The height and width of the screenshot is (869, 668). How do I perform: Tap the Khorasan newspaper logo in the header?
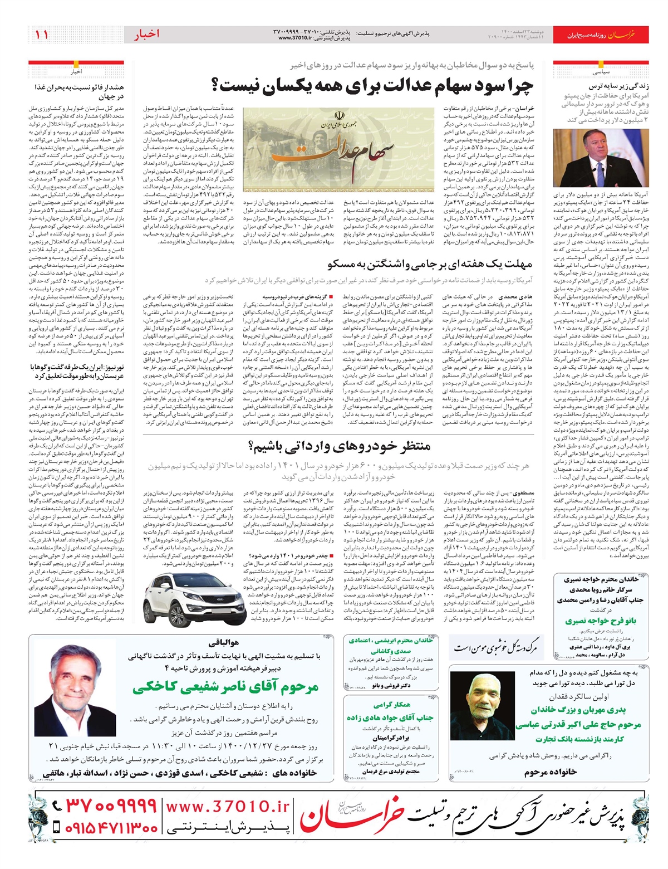621,35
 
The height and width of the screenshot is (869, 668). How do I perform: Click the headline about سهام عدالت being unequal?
372,85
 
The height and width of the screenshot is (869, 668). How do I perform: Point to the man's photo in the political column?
601,159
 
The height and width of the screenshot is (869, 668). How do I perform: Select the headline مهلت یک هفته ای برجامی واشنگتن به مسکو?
430,263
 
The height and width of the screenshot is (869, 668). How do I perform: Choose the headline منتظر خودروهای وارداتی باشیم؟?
338,445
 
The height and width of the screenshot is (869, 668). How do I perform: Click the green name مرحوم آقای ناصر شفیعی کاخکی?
225,687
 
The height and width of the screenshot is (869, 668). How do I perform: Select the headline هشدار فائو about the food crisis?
79,91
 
